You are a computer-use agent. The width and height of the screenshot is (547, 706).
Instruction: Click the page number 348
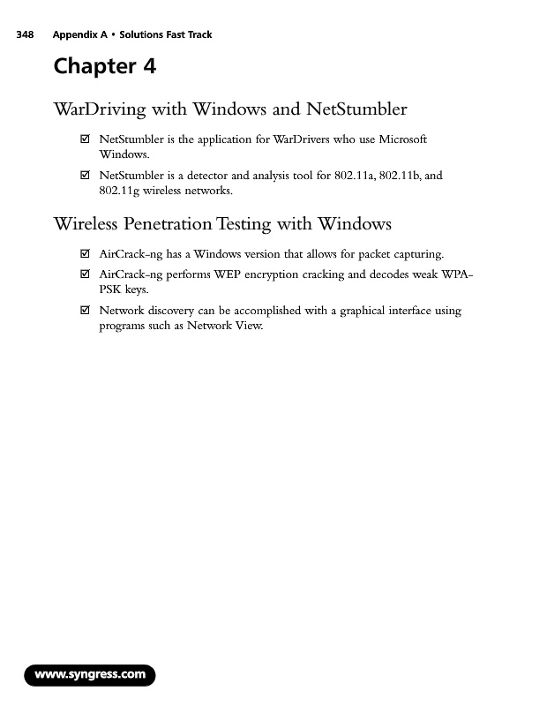point(24,35)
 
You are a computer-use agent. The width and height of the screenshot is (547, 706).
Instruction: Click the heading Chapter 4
point(104,66)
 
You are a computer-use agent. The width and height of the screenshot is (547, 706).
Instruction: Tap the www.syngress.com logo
point(90,675)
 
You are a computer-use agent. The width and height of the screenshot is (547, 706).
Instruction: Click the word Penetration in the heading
point(164,224)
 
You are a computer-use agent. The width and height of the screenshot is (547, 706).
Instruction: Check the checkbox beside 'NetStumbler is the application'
point(85,140)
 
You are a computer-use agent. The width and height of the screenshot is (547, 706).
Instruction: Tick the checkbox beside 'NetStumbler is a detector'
point(85,176)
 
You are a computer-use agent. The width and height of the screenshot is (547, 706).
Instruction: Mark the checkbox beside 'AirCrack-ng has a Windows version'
point(85,255)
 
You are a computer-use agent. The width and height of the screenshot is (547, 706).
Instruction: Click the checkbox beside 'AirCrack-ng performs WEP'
point(85,274)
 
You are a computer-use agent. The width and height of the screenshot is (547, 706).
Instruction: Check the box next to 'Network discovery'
point(85,311)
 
